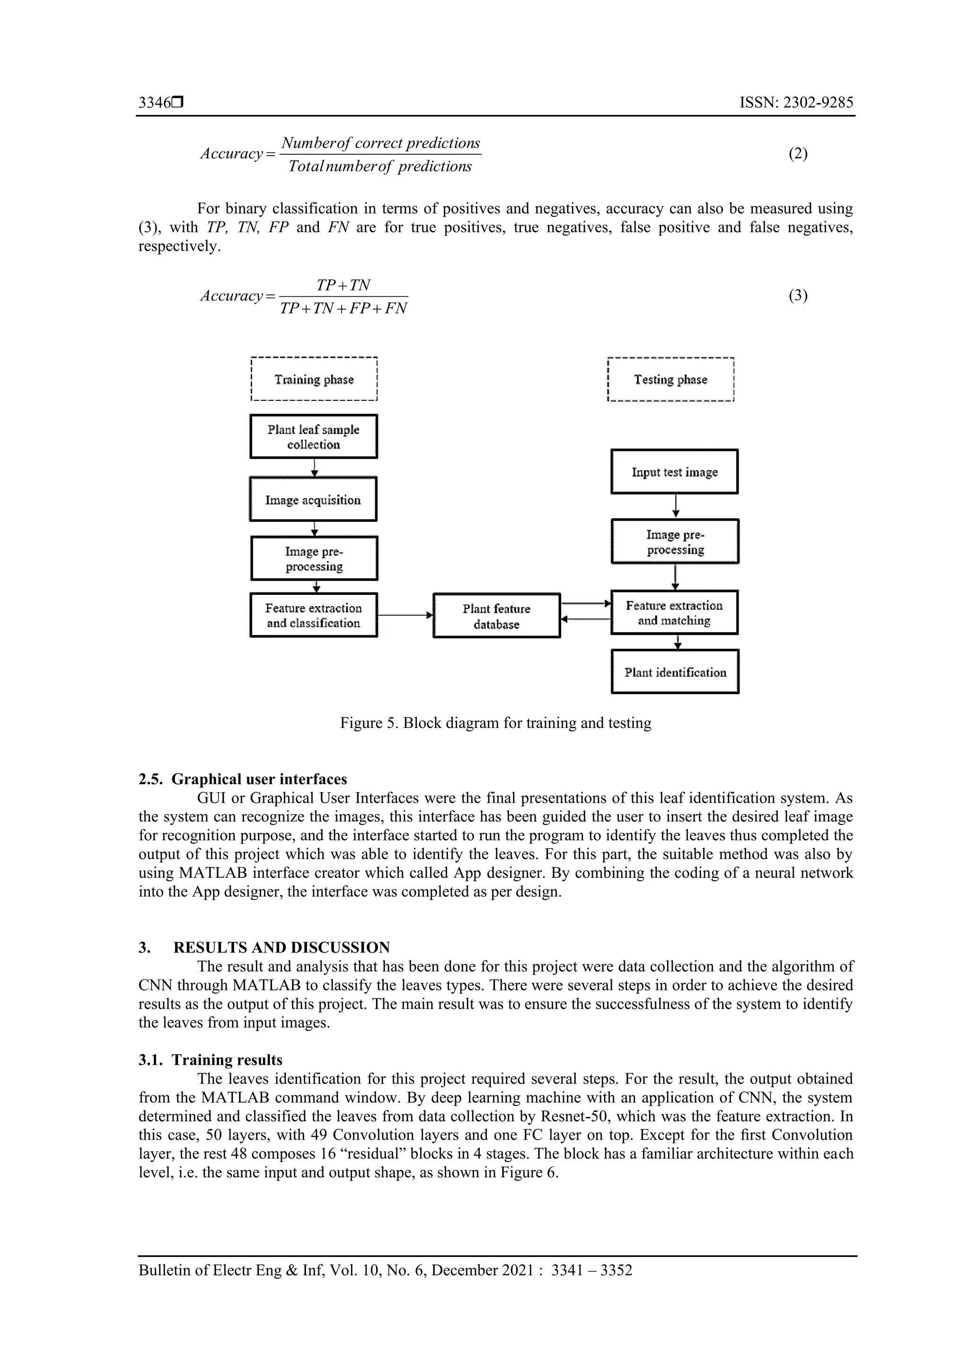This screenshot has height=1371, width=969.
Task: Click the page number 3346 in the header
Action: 155,103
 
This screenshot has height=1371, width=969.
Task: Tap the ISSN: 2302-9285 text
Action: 796,103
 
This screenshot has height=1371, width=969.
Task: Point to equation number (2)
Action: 798,154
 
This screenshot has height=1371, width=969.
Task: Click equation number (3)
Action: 798,296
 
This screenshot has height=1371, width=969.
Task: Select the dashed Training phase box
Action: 314,379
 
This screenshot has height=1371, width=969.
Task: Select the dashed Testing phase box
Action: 670,379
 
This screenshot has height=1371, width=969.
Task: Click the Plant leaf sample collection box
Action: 313,436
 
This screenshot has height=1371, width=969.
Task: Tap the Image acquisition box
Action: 313,500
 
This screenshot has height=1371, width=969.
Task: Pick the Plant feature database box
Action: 496,616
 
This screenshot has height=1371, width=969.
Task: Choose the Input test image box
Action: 675,472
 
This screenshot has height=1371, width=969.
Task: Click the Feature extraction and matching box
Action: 675,613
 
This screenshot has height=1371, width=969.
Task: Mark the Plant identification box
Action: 675,672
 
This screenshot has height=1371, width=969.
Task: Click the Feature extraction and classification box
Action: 313,615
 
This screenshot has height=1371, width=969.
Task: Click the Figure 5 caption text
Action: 495,723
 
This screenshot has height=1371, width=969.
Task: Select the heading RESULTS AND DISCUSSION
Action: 281,947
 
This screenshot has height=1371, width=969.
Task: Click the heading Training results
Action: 227,1060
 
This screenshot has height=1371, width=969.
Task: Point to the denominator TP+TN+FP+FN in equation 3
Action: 344,309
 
